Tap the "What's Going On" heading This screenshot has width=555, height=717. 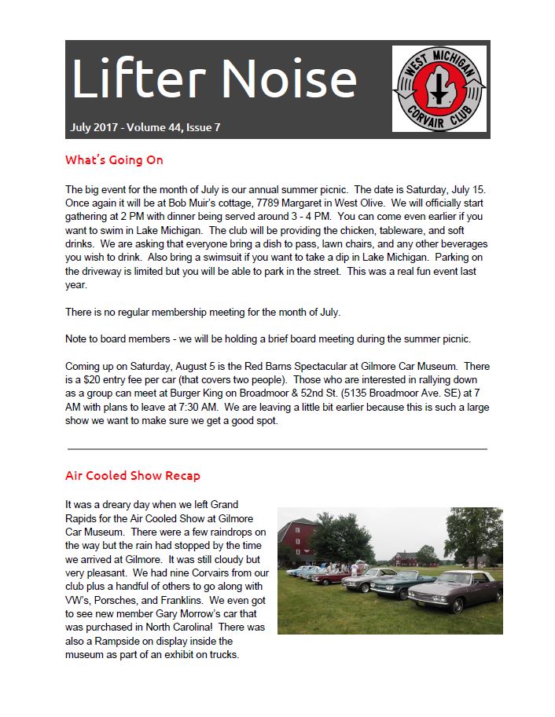click(x=114, y=160)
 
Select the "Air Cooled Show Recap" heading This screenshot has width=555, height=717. click(x=133, y=476)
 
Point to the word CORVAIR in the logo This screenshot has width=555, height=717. click(x=439, y=125)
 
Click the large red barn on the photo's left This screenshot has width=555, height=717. click(x=297, y=543)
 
